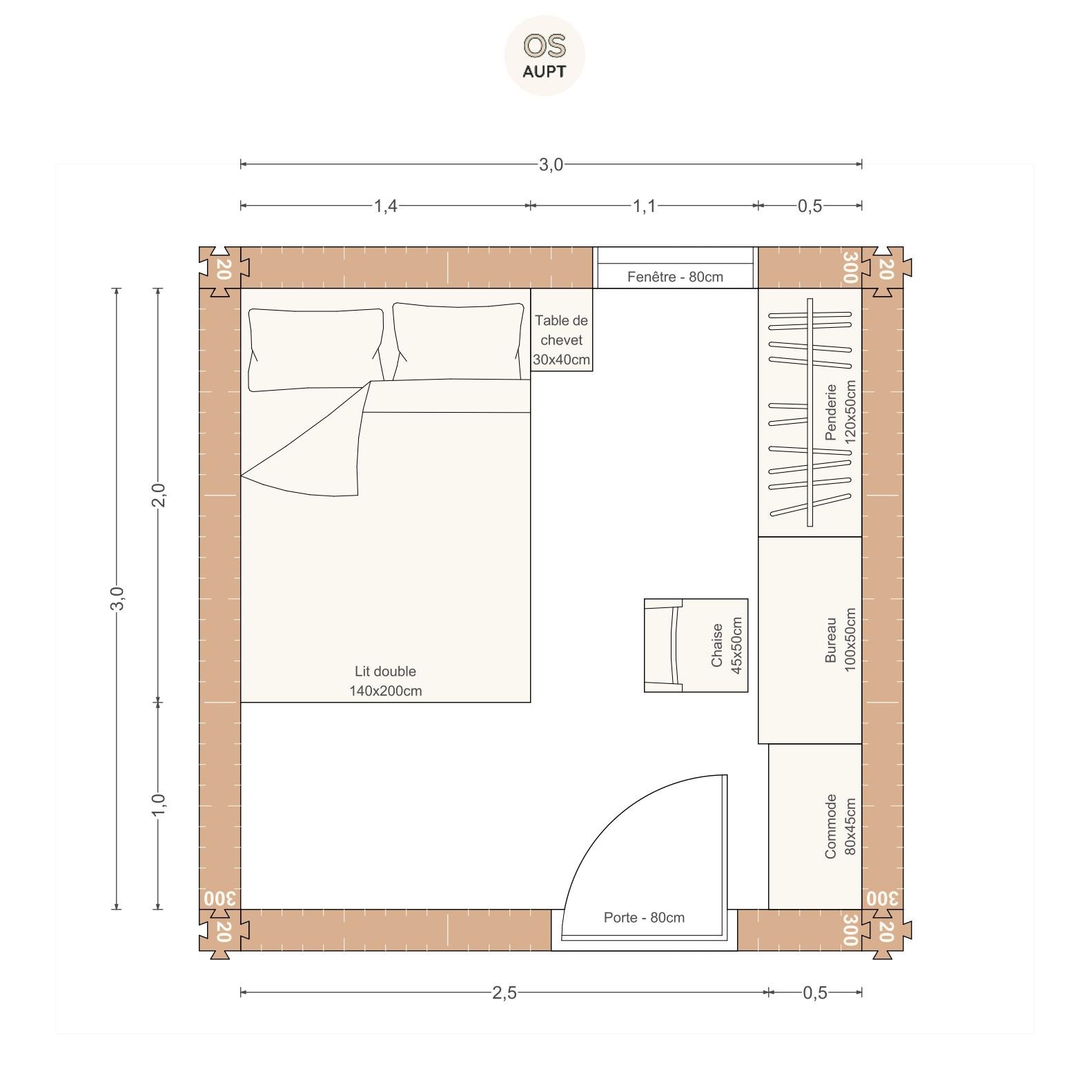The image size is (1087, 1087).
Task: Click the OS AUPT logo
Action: coord(545,55)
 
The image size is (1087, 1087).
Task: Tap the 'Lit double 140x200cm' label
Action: coord(385,681)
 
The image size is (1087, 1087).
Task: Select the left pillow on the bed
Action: coord(316,350)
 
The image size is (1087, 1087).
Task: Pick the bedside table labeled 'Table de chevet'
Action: coord(562,330)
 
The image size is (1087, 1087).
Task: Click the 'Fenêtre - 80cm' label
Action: coord(675,277)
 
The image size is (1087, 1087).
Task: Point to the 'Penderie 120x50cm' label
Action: coord(840,412)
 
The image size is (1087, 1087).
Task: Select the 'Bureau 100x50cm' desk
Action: coord(810,640)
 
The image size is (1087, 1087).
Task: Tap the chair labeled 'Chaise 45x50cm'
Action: coord(696,645)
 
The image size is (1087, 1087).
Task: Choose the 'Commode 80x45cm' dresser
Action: coord(815,827)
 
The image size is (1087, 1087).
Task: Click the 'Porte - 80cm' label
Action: coord(644,917)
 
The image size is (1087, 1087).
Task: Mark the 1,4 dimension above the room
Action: coord(385,206)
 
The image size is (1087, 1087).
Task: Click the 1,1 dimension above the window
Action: coord(645,206)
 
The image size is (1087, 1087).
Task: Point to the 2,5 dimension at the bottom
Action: coord(504,992)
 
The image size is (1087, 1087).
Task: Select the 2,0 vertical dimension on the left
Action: coord(158,495)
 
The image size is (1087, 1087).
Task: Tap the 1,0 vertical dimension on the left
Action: coord(158,805)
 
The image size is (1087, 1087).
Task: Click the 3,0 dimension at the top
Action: coord(551,164)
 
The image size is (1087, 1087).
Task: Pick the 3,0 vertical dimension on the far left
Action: coord(117,598)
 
